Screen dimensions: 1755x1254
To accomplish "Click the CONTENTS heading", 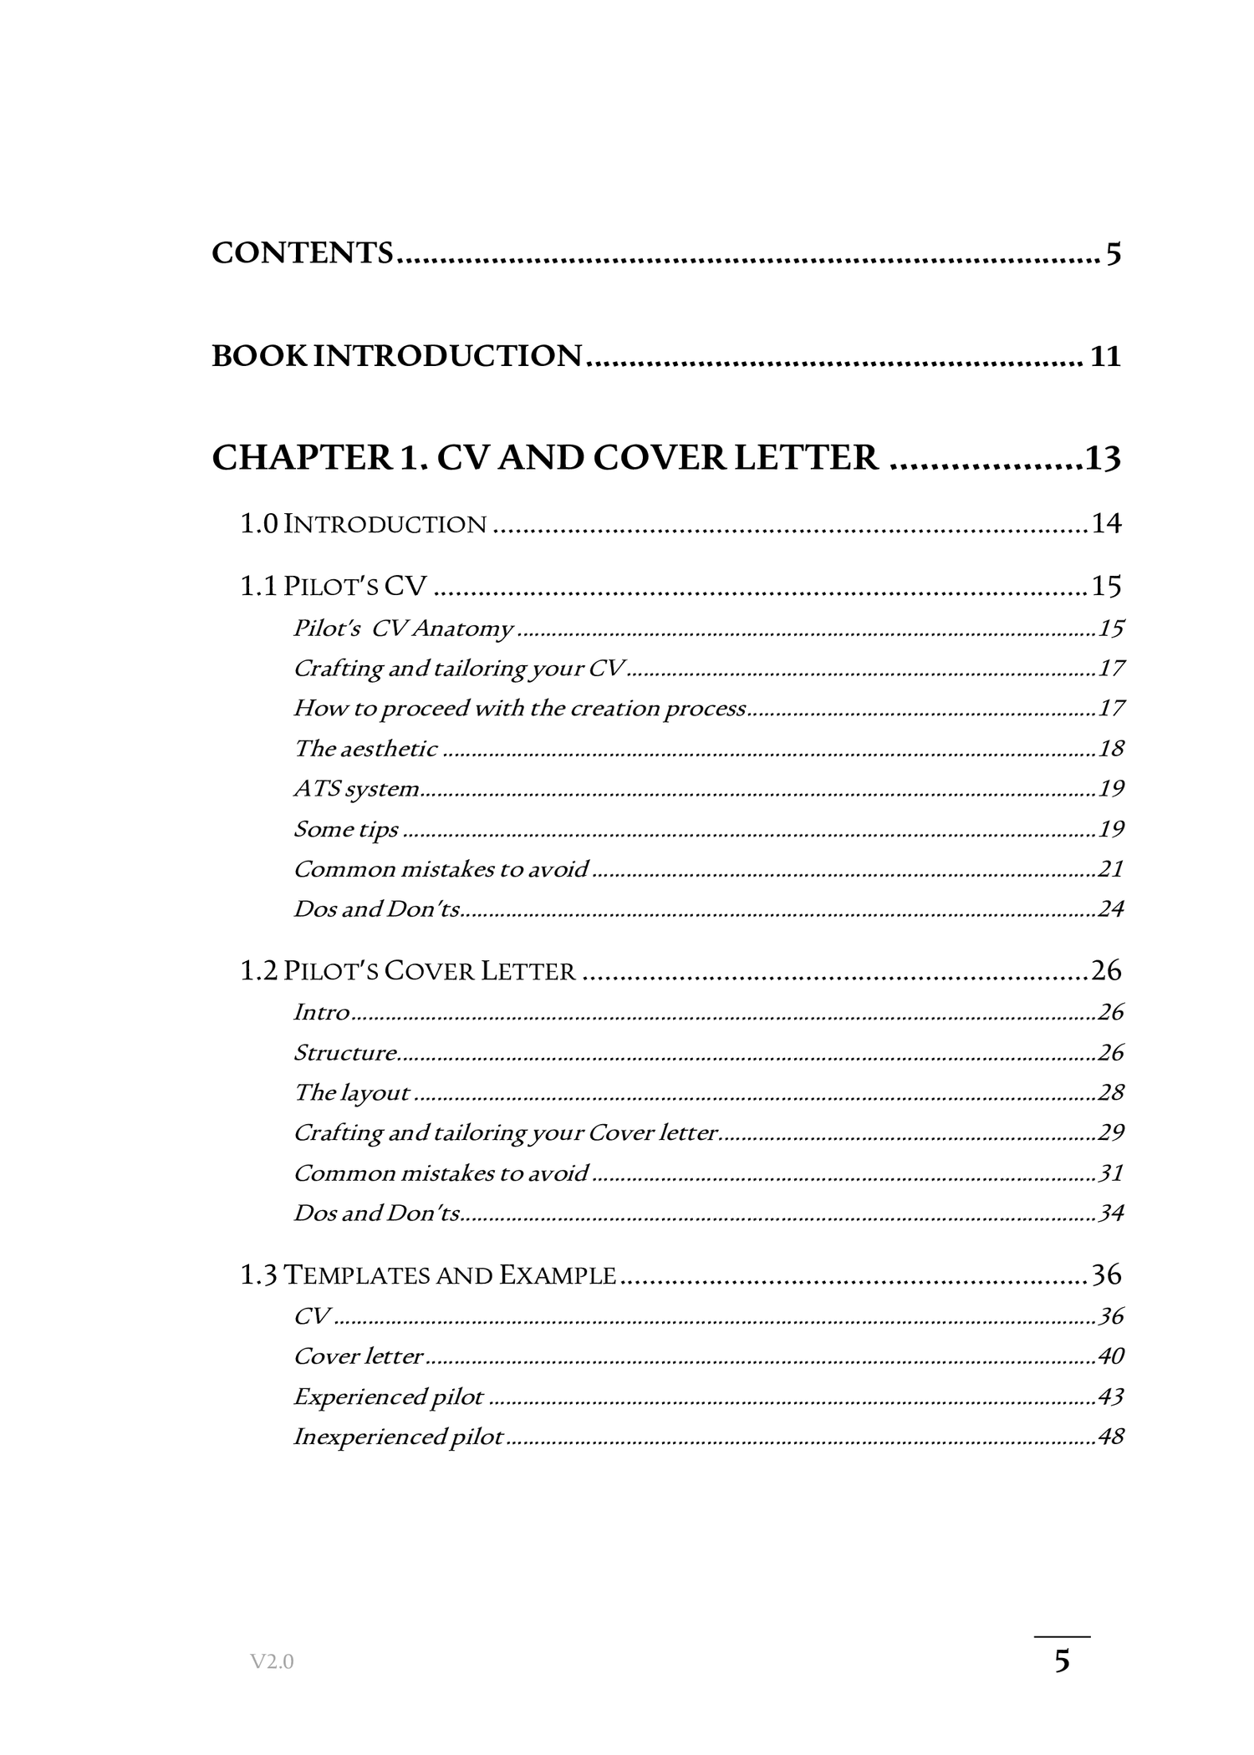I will (302, 252).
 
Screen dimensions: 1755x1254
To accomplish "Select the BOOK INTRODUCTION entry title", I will (396, 356).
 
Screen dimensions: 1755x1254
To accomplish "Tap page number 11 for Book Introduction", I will (1104, 357).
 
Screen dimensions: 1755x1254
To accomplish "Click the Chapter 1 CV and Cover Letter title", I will (545, 458).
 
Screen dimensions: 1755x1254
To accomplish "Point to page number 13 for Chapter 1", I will (1103, 459).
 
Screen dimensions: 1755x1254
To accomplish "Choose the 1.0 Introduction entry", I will (363, 524).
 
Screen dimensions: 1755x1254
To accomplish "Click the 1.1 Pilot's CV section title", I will (333, 586).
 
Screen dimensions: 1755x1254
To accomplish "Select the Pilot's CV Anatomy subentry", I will (403, 628).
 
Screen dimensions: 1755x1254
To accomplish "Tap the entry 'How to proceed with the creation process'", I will (519, 709).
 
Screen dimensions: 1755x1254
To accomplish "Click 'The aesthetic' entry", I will (365, 749).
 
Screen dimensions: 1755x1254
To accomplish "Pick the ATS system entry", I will (356, 789).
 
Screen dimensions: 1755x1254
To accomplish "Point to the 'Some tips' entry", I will (346, 829).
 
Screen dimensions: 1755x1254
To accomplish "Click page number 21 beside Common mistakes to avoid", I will (1111, 869).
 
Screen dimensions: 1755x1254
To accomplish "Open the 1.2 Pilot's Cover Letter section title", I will (408, 970).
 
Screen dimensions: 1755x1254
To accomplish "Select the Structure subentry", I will (345, 1052).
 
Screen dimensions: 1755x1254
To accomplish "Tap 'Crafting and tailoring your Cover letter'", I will (506, 1132).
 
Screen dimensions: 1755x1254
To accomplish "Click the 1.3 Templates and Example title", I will (428, 1274).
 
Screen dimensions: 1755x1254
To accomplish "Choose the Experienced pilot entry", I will (389, 1396).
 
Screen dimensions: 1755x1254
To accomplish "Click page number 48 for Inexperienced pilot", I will (1111, 1437).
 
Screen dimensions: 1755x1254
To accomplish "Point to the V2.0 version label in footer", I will (272, 1662).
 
